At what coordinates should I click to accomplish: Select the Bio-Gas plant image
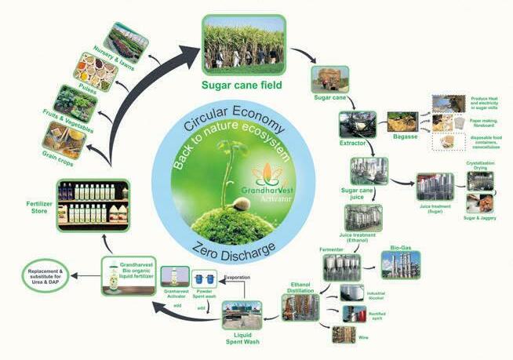point(400,264)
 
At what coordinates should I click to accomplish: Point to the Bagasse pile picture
point(402,122)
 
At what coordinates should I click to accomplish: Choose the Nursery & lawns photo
point(126,45)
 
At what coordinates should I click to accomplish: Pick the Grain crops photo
point(64,140)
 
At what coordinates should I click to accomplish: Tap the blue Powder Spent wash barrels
point(206,279)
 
